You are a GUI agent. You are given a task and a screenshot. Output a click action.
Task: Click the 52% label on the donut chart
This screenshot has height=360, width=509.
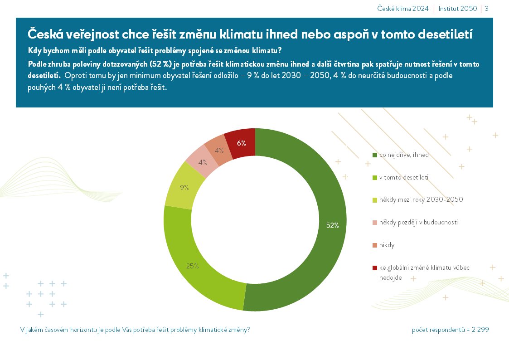(332, 225)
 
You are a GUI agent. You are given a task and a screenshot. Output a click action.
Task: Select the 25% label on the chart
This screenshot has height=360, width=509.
(193, 266)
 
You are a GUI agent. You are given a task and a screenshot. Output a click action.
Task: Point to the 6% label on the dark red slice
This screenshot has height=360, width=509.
(241, 143)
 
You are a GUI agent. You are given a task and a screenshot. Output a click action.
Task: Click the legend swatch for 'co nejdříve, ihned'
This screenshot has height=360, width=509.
(374, 155)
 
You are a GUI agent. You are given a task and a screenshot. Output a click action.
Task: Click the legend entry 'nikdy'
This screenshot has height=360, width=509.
(387, 245)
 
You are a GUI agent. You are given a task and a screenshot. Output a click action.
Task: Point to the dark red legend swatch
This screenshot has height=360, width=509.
(374, 268)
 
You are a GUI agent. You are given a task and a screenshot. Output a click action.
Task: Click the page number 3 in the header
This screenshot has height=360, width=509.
(487, 9)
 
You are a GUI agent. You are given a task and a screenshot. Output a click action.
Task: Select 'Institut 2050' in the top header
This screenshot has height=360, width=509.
(457, 9)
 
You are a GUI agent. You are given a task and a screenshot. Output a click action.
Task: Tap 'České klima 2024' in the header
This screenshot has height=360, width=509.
(403, 9)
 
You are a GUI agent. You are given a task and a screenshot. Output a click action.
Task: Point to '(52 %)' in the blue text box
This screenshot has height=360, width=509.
(159, 64)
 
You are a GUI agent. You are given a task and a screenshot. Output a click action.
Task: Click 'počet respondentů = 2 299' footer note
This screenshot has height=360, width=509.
(450, 330)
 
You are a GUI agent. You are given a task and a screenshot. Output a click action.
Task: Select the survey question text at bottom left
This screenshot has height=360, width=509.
(135, 330)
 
